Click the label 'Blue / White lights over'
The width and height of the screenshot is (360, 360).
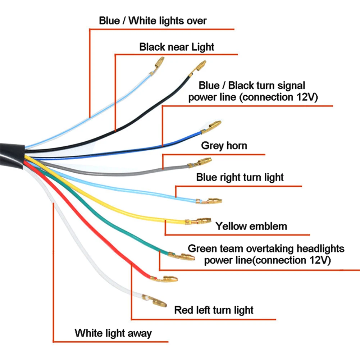click(153, 20)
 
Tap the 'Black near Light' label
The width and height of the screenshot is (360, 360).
click(177, 47)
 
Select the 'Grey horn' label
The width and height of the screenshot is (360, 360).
click(224, 146)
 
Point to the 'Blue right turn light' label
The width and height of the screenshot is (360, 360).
click(240, 177)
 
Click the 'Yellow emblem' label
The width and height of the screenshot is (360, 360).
click(251, 226)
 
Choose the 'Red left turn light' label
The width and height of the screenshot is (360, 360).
click(214, 310)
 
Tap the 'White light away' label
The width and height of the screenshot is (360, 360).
click(113, 333)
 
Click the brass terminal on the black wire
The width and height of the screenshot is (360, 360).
click(200, 67)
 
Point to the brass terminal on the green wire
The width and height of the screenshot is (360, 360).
click(185, 257)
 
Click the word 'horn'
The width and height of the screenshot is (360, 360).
click(236, 146)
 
